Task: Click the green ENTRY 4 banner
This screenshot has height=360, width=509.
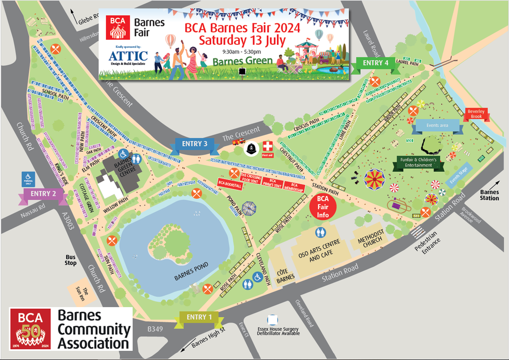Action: [x=376, y=63]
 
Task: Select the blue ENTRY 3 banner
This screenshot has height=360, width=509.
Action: [x=191, y=145]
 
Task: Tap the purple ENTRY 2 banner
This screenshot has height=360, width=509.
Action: [x=43, y=194]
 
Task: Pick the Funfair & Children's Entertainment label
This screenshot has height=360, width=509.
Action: [x=418, y=162]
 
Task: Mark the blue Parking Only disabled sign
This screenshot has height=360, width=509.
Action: [x=28, y=179]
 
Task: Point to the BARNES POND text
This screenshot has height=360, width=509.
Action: [x=190, y=278]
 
